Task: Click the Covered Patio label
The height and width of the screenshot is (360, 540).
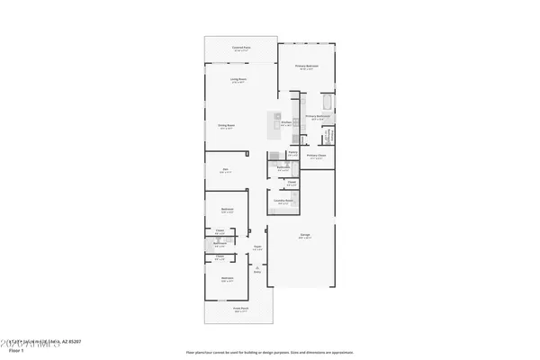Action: point(240,49)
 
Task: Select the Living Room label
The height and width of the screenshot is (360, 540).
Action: point(238,80)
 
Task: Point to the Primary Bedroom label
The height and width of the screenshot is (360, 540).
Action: point(306,67)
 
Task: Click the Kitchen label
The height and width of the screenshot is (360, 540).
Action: point(286,122)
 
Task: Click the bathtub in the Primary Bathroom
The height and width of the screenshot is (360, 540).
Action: point(328,102)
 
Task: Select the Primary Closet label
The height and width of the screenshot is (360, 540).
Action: point(315,155)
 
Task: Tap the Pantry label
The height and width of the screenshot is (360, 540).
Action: point(292,152)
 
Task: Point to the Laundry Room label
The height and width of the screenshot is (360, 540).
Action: point(283,202)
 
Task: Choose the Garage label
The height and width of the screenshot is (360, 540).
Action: point(305,236)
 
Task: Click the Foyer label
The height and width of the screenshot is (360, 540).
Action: point(256,247)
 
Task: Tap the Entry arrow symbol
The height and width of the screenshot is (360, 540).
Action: point(256,267)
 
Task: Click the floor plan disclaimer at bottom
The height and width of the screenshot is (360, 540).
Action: point(269,352)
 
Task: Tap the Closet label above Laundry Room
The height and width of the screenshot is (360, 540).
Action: point(292,183)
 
